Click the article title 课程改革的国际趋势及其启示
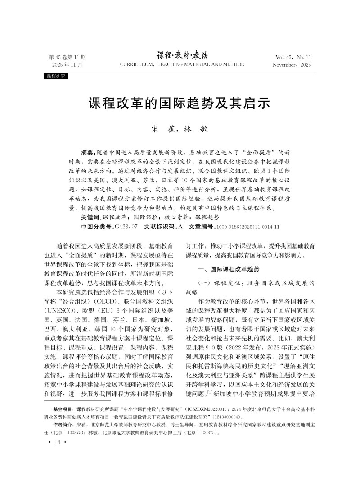180,103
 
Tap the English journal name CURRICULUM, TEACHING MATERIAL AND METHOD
182,65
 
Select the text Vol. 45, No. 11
293,57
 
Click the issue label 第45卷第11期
67,57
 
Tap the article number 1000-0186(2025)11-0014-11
248,227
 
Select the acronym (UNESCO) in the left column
69,311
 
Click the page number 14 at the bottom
57,442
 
